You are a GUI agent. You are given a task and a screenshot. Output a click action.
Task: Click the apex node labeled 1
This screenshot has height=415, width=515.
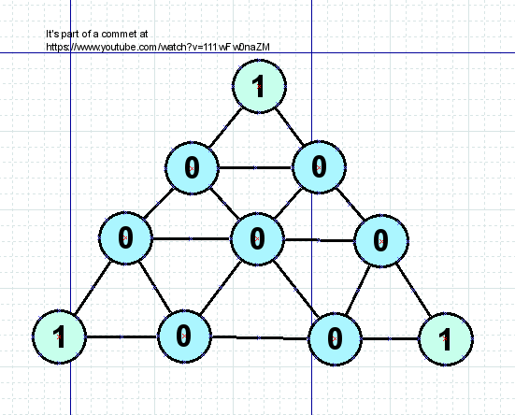point(259,86)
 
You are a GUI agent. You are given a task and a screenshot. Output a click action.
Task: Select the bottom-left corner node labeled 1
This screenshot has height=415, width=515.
point(59,336)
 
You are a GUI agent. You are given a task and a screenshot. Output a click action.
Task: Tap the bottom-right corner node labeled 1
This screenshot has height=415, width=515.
point(445,339)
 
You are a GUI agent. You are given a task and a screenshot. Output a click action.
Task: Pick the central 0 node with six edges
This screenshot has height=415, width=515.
point(257,238)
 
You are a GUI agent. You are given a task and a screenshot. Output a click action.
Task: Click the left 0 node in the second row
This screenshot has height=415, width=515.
point(192,168)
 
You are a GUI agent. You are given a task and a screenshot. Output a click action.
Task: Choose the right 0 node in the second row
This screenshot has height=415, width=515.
point(319,167)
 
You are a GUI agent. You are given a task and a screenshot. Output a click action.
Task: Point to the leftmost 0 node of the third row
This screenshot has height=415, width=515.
point(125,237)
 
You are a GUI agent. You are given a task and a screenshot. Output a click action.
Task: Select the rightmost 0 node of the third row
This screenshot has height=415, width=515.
point(381,241)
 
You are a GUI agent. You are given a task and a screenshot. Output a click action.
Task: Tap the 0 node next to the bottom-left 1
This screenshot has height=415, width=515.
point(184,336)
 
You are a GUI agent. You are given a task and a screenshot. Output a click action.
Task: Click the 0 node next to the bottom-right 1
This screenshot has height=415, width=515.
point(335,339)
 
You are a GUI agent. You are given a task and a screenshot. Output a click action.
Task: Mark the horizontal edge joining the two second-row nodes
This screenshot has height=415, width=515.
point(255,167)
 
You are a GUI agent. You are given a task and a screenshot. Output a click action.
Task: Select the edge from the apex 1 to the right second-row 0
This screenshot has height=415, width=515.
point(290,126)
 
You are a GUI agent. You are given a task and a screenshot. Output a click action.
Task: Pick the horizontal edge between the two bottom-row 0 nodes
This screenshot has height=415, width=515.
point(260,337)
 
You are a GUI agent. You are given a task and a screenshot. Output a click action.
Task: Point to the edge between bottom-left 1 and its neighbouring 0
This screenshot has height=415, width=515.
point(122,336)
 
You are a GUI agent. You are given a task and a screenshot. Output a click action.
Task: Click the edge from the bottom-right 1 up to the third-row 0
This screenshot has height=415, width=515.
point(413,290)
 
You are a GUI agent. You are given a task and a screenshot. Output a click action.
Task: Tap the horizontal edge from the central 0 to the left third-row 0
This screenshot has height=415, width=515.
point(192,238)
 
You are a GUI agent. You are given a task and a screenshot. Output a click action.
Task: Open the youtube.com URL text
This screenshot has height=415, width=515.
point(158,48)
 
